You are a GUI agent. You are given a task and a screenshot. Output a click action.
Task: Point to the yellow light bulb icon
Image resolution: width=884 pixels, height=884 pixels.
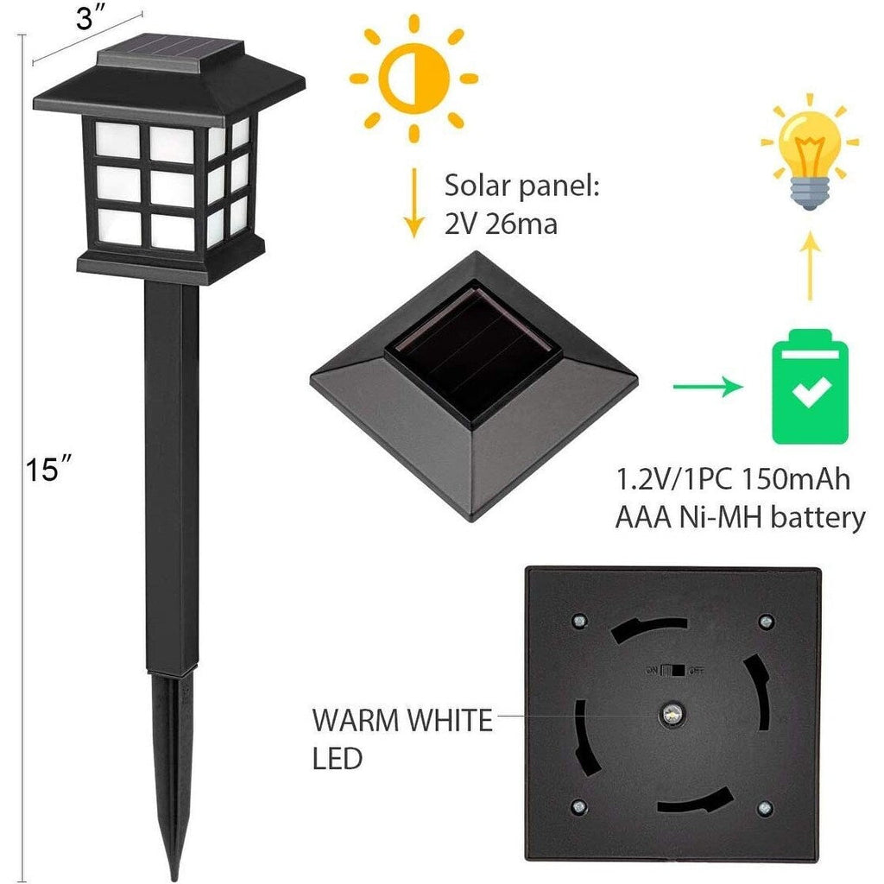coord(810,152)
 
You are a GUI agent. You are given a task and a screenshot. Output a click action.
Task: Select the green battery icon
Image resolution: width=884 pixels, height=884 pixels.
coord(810,387)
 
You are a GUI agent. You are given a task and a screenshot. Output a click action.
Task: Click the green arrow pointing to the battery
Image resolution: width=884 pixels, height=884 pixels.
coord(709,387)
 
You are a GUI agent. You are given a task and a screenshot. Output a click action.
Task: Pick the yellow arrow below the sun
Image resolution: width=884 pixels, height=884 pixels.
coord(414,202)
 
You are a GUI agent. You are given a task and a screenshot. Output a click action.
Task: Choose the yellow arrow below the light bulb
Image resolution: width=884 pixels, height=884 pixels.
coord(810,264)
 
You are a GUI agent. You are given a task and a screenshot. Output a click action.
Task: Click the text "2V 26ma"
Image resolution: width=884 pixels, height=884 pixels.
coord(501,224)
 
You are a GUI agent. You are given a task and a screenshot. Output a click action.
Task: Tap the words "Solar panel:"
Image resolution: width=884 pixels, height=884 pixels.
coord(521,186)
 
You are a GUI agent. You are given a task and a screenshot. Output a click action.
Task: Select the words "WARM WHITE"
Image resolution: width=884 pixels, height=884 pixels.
coord(402,721)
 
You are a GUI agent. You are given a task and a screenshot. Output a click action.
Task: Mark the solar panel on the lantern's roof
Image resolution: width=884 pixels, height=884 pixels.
coord(172,48)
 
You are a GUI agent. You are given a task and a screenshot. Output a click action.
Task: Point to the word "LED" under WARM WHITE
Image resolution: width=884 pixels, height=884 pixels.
coord(338,759)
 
